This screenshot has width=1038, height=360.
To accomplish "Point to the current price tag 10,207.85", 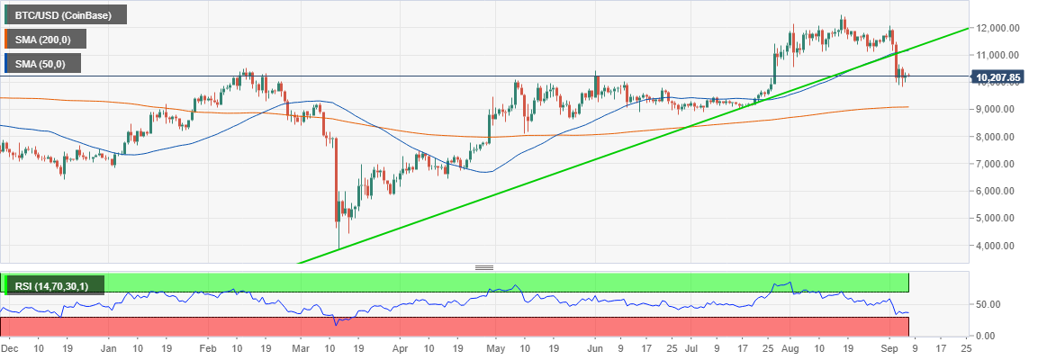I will (997, 77).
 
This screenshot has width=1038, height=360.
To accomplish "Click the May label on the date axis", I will (497, 347).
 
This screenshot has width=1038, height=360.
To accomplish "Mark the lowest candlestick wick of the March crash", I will (338, 247).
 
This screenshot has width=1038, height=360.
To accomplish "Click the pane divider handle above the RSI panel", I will (484, 267).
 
